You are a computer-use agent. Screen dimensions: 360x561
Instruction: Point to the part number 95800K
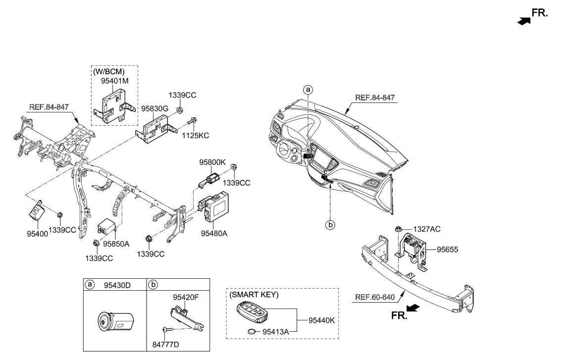tap(212, 161)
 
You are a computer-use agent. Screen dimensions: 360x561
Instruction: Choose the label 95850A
tap(116, 244)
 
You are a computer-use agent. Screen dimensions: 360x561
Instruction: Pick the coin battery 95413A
tap(254, 332)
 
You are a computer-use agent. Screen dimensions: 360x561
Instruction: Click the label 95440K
tap(321, 320)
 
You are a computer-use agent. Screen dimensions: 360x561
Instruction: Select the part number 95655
tap(447, 250)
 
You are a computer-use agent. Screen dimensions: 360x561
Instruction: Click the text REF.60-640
tap(375, 298)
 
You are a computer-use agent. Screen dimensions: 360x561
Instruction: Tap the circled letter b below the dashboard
tap(330, 225)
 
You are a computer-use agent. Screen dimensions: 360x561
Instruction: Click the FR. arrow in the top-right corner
tap(524, 20)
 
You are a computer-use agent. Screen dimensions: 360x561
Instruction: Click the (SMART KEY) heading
tap(254, 295)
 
